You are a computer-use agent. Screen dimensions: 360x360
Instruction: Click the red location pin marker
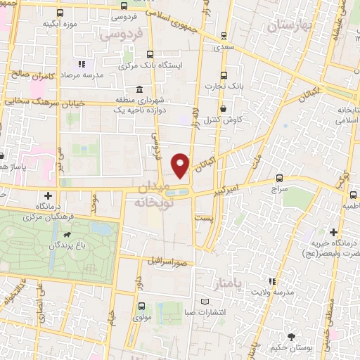tap(181, 165)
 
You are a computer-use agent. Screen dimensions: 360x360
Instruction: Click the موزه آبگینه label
tap(59, 24)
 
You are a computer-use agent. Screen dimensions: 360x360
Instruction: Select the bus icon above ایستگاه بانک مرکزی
tap(150, 54)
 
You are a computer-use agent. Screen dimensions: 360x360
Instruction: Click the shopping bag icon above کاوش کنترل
tap(224, 109)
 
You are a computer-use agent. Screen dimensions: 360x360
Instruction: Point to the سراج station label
tap(281, 190)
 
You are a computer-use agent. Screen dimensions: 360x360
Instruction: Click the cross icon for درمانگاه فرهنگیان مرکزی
tap(48, 195)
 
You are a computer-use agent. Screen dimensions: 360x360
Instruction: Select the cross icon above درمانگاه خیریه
tap(333, 233)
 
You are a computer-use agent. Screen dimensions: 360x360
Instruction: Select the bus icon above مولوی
tap(142, 307)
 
